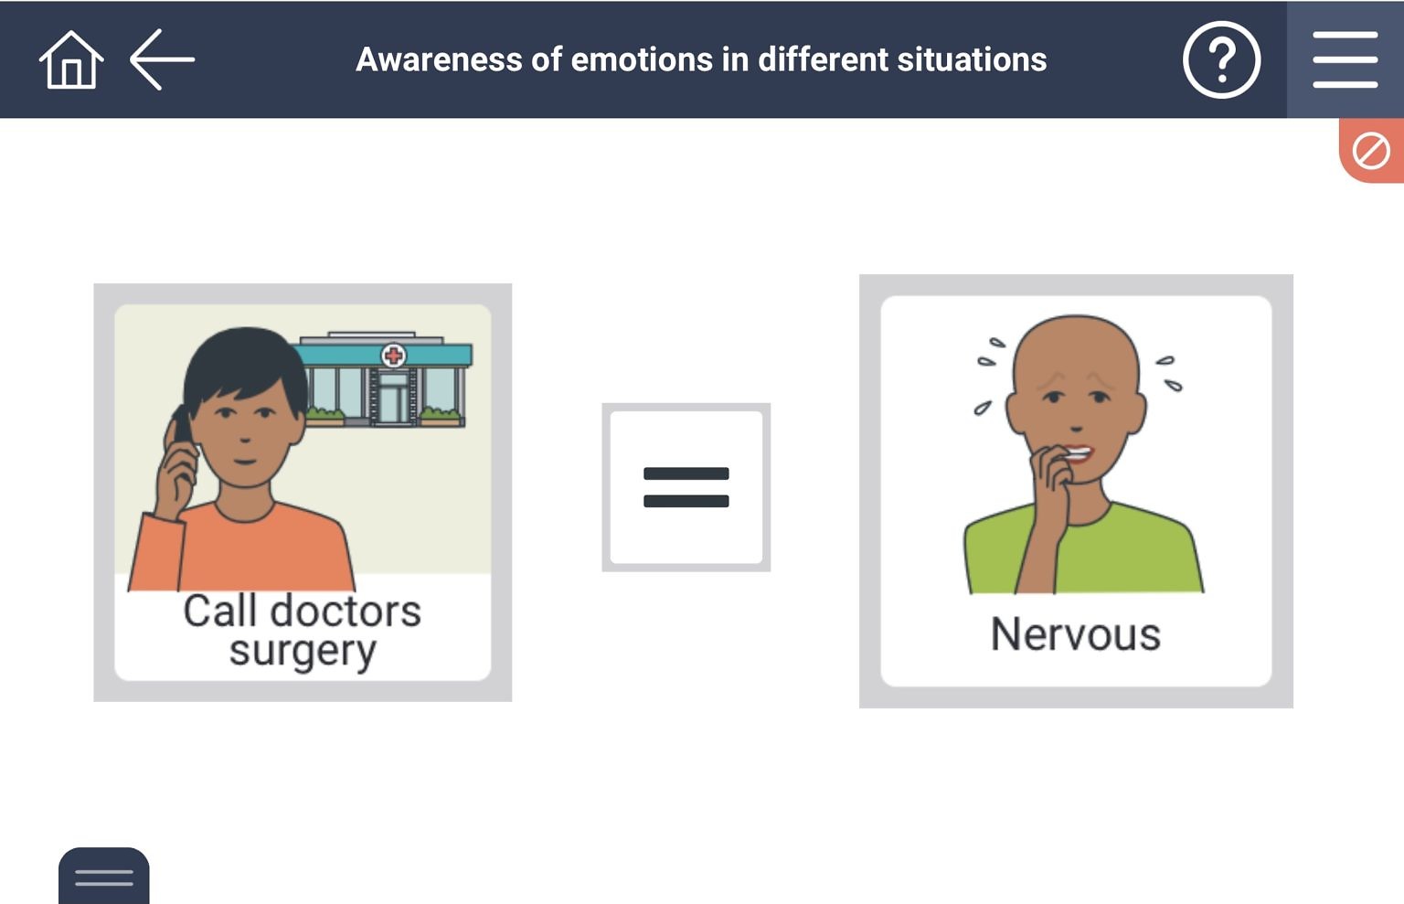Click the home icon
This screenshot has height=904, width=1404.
tap(70, 60)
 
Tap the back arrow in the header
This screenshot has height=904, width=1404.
tap(162, 59)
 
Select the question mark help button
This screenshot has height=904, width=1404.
tap(1221, 60)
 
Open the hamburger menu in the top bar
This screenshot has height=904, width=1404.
tap(1345, 60)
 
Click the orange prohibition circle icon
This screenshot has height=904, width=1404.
tap(1371, 151)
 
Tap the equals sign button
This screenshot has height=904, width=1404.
tap(686, 487)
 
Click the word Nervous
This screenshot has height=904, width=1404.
tap(1075, 634)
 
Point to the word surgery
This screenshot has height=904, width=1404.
tap(302, 652)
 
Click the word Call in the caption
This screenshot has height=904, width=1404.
tap(218, 612)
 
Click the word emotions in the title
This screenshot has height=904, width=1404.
tap(641, 60)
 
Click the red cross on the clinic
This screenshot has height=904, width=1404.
tap(393, 356)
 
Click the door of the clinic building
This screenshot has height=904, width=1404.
tap(394, 399)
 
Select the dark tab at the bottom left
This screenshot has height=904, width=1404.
tap(104, 877)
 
